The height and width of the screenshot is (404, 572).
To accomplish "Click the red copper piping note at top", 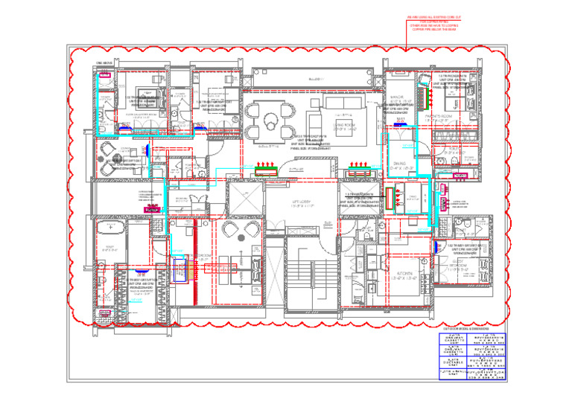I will point(432,22).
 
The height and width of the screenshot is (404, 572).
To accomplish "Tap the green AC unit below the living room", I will point(266,170).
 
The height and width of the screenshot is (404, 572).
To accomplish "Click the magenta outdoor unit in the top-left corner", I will point(104,75).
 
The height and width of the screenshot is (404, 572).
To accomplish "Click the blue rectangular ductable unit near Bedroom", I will point(180,270).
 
